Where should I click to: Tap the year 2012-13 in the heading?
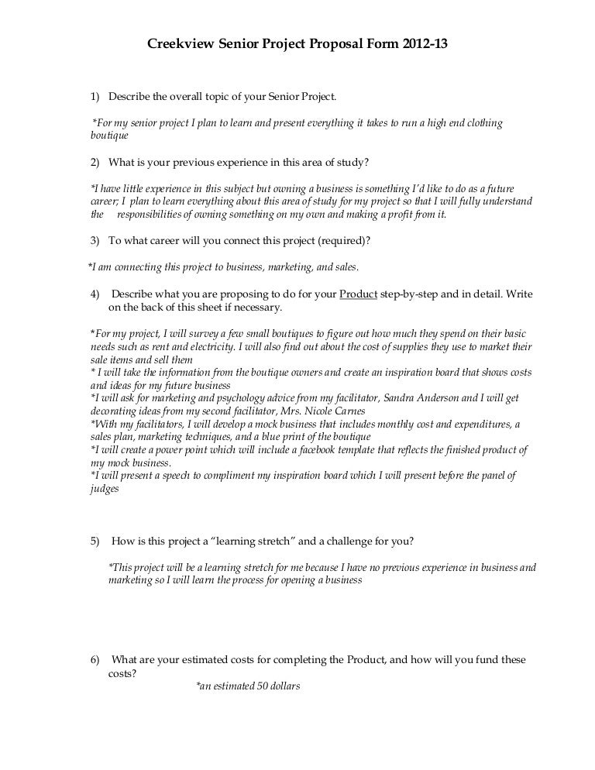click(x=425, y=46)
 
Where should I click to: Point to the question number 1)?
click(x=96, y=97)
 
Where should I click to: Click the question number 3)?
click(x=96, y=241)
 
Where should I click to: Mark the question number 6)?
click(x=96, y=660)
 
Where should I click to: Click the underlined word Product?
click(x=359, y=294)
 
